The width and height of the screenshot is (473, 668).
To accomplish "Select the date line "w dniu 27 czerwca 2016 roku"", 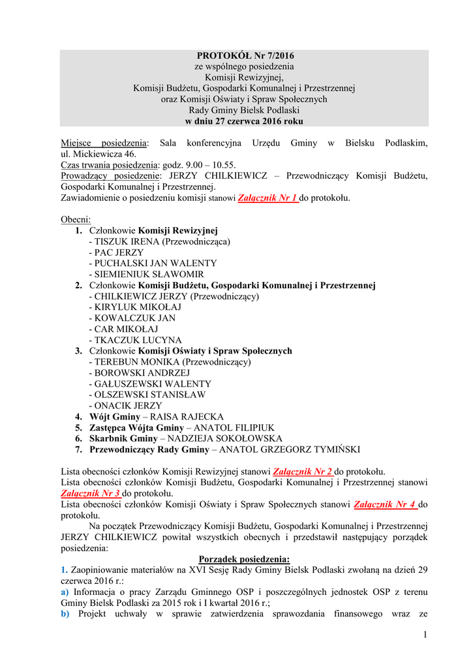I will pos(244,121).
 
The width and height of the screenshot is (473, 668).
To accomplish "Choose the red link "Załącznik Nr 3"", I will pos(91,493).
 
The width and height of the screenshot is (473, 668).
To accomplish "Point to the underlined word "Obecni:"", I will pos(76,219).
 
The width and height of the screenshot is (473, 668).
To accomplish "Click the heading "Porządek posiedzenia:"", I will pos(244,558).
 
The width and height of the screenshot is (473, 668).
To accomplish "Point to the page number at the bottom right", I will pos(425,635).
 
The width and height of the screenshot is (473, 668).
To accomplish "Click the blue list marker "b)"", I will pos(65,613).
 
